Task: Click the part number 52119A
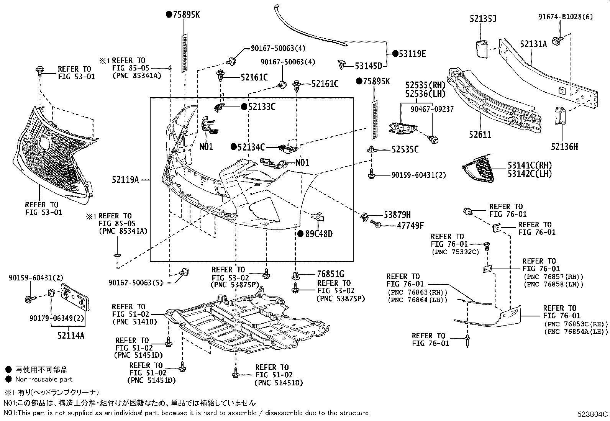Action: click(125, 180)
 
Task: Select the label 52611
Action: click(480, 134)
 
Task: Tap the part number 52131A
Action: click(533, 44)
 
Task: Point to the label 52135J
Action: click(483, 19)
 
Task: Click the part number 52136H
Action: click(564, 147)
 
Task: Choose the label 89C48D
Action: click(319, 234)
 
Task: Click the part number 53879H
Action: click(397, 215)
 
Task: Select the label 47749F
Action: click(410, 226)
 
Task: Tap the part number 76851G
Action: click(330, 274)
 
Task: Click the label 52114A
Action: click(71, 336)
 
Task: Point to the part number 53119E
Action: click(412, 54)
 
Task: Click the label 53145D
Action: click(369, 66)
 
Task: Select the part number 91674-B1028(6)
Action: click(565, 17)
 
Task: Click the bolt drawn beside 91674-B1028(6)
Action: click(557, 41)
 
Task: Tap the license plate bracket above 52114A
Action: click(75, 297)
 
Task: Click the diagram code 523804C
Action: click(592, 414)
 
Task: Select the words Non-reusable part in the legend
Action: click(44, 379)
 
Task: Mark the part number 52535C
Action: click(405, 149)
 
